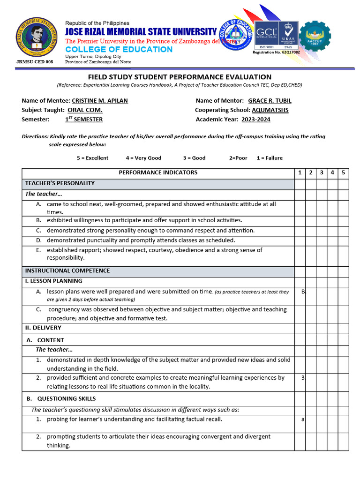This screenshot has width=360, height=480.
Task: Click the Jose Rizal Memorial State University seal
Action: [35, 39]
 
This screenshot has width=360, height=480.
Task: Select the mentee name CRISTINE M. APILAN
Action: [99, 101]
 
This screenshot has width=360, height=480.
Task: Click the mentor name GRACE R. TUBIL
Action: [270, 101]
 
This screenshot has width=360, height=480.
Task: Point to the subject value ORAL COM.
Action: [85, 110]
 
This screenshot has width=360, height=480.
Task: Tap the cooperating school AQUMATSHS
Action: [270, 110]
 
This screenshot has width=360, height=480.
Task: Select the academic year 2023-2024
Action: [256, 120]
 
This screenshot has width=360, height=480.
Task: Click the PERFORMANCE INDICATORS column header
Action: [158, 172]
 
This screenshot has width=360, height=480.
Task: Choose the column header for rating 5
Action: [343, 172]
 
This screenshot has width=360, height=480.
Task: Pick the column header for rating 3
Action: [322, 172]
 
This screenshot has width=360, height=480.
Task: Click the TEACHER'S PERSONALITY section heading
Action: [60, 183]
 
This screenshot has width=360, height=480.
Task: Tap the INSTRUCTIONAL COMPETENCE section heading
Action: [67, 270]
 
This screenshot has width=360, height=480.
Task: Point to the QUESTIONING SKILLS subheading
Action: [66, 398]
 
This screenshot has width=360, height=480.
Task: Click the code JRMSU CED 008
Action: [35, 62]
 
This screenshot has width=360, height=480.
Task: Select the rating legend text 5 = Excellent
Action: [92, 158]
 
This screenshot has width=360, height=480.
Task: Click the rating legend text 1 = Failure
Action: [270, 158]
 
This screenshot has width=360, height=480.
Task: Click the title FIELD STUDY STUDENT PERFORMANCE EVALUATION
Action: [180, 77]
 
